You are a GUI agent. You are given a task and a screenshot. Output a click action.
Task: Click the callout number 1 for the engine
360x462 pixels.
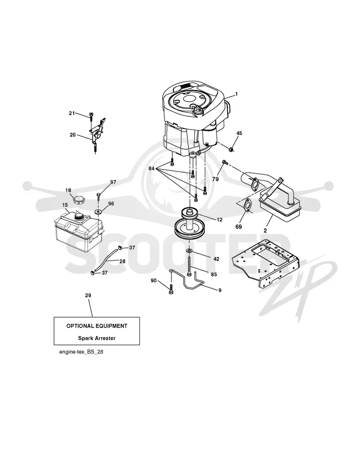(x=236, y=94)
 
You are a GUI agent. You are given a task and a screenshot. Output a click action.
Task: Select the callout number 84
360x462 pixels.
(x=151, y=169)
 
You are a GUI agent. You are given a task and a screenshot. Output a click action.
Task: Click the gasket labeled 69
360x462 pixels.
(x=247, y=205)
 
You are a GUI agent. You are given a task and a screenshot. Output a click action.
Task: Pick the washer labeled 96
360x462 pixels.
(x=98, y=211)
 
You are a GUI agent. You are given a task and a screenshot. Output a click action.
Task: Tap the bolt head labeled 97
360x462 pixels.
(x=98, y=194)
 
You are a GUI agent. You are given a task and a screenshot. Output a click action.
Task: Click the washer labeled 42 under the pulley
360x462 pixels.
(x=189, y=251)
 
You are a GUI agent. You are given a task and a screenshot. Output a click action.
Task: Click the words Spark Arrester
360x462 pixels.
(x=97, y=338)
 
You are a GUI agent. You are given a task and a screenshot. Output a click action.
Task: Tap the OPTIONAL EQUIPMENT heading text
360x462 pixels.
(x=97, y=326)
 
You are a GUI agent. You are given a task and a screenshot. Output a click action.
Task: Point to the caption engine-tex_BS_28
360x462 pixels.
(x=81, y=352)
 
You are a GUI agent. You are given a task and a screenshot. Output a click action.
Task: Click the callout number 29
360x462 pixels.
(x=88, y=296)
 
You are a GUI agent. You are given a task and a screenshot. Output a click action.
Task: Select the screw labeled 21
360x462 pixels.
(x=91, y=117)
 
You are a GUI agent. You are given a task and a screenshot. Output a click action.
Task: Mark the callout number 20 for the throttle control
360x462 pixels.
(x=72, y=135)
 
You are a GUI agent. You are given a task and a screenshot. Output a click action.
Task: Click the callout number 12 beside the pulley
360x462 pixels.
(x=219, y=220)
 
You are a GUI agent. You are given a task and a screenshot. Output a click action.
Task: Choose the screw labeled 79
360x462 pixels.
(x=225, y=162)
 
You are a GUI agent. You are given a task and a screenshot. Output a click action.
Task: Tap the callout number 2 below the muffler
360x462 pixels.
(x=265, y=231)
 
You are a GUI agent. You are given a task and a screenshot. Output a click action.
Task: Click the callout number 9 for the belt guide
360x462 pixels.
(x=220, y=290)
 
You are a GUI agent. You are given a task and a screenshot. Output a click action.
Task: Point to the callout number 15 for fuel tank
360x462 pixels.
(x=65, y=205)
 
